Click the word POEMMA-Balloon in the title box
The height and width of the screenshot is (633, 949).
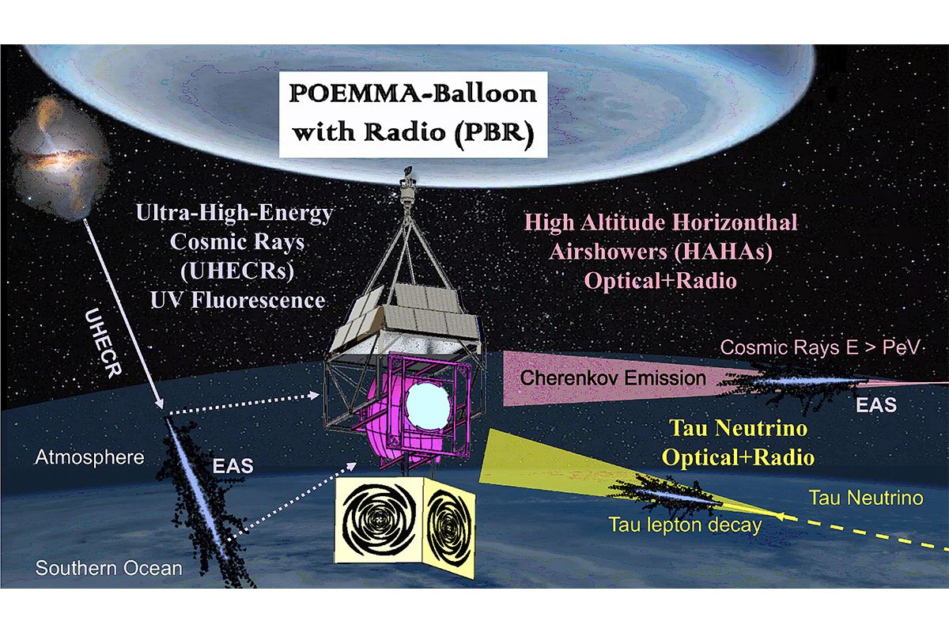[x=413, y=94]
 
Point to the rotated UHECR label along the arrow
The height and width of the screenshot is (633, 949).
[x=103, y=343]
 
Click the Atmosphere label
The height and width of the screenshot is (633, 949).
[x=89, y=457]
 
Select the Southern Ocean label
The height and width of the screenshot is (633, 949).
[x=108, y=568]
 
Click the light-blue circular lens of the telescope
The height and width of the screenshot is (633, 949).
[x=427, y=406]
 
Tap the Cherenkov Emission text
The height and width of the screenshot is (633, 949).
[x=613, y=377]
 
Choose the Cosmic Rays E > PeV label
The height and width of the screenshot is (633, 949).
[x=820, y=347]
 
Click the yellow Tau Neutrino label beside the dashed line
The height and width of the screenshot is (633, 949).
[x=867, y=498]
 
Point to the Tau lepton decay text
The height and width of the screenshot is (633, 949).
[x=685, y=525]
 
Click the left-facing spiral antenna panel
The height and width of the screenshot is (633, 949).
[x=379, y=520]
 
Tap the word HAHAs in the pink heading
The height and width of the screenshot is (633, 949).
[x=720, y=252]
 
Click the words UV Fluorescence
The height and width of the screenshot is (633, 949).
[x=238, y=300]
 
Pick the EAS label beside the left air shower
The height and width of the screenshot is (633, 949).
[x=233, y=466]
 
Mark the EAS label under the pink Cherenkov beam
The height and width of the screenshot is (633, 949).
[x=876, y=405]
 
